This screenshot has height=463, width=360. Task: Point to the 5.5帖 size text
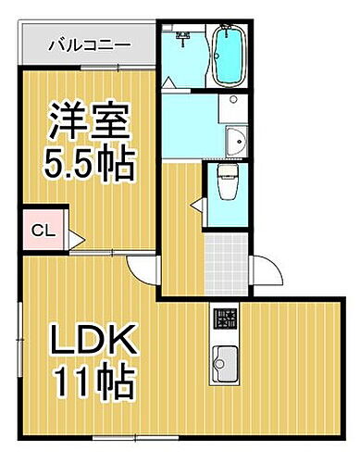click(x=89, y=168)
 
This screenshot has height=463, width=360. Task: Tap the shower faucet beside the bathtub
click(x=184, y=39)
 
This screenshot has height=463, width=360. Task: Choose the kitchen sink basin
click(x=224, y=357)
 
